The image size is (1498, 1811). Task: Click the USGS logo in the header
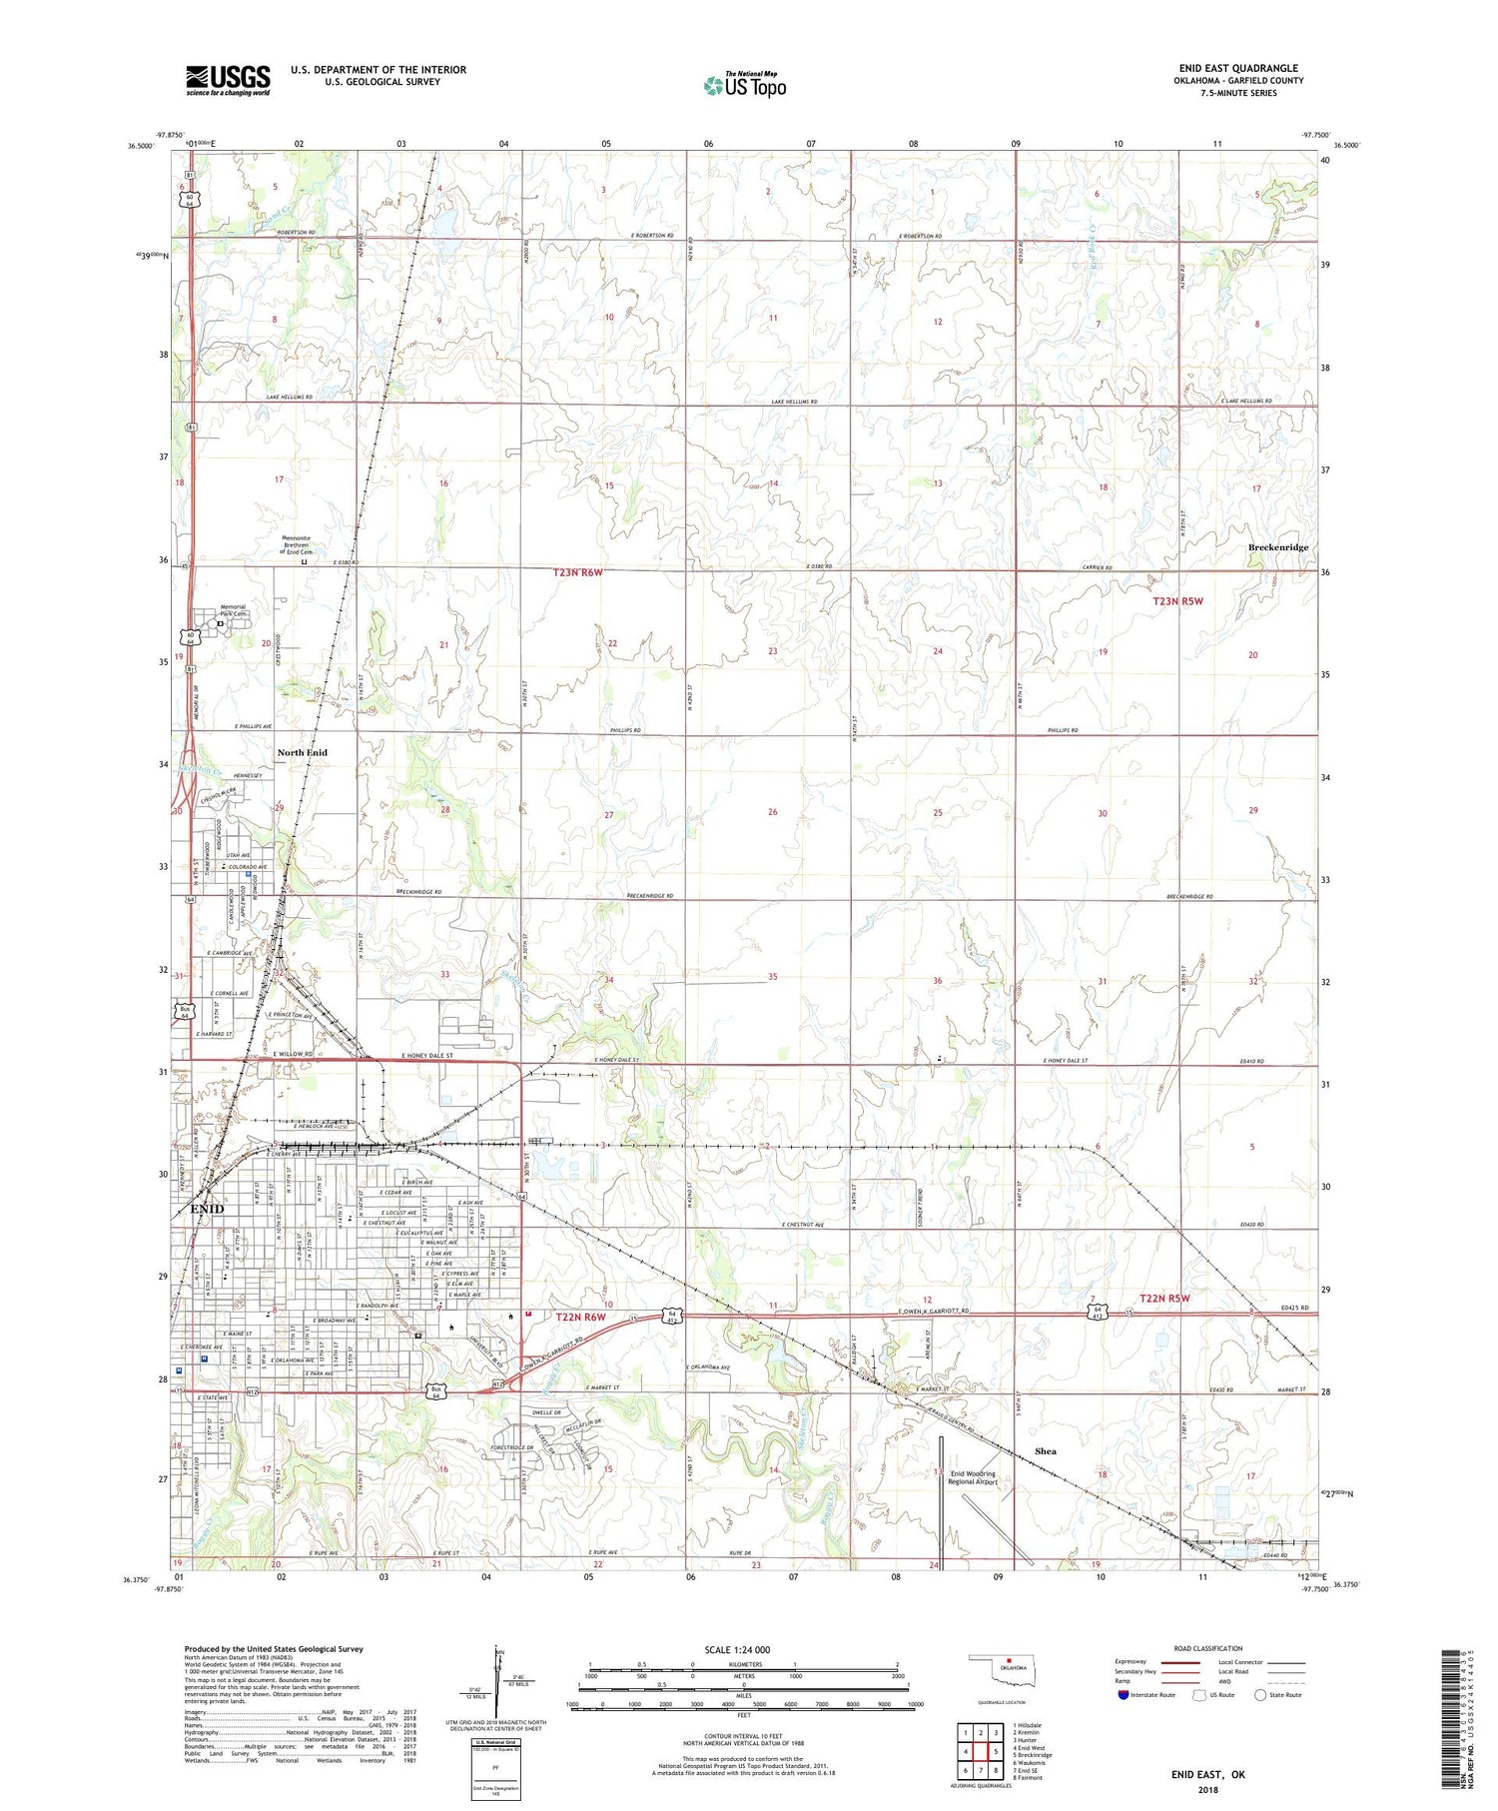click(228, 80)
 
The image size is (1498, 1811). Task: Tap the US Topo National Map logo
click(744, 85)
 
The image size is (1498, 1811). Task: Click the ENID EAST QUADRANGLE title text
click(1239, 68)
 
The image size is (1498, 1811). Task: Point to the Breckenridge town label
click(1277, 547)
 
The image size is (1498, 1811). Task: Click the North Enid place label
click(302, 752)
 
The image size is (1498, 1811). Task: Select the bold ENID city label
click(207, 1209)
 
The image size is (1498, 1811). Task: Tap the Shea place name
click(1046, 1451)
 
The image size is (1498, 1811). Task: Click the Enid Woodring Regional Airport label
click(972, 1477)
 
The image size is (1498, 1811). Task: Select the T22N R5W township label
click(1158, 1299)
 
